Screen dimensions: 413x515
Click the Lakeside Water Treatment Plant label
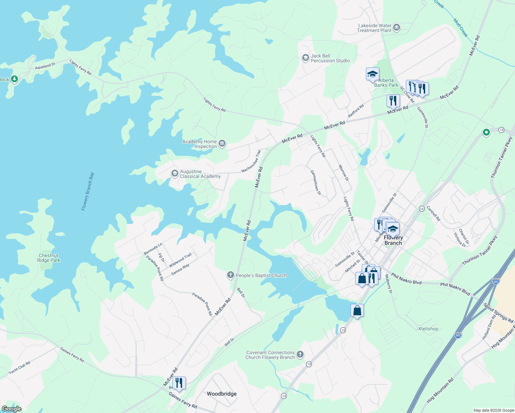tap(375, 28)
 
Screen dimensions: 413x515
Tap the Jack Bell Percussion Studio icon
tap(305, 58)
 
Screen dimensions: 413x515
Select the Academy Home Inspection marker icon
tap(222, 144)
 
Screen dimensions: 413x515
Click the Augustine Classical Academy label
tap(200, 174)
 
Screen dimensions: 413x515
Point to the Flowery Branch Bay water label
tap(87, 191)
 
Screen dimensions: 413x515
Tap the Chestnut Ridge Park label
tap(49, 258)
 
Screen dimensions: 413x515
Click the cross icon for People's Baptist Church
tap(230, 275)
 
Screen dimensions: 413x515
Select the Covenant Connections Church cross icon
tap(300, 354)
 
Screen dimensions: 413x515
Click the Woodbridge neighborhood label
tap(222, 394)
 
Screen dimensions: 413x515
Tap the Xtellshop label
tap(428, 329)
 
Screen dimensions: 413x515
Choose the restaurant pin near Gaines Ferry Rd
tap(179, 383)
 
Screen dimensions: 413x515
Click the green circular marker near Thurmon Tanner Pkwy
tap(486, 132)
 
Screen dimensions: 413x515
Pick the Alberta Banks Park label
tap(386, 83)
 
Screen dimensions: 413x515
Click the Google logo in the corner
tap(11, 409)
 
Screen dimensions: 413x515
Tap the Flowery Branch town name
tap(393, 240)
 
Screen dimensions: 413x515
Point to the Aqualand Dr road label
tap(45, 66)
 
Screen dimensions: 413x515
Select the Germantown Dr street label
tap(316, 183)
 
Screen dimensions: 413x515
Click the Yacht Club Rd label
tap(20, 367)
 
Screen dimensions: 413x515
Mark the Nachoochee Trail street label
tap(251, 161)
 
